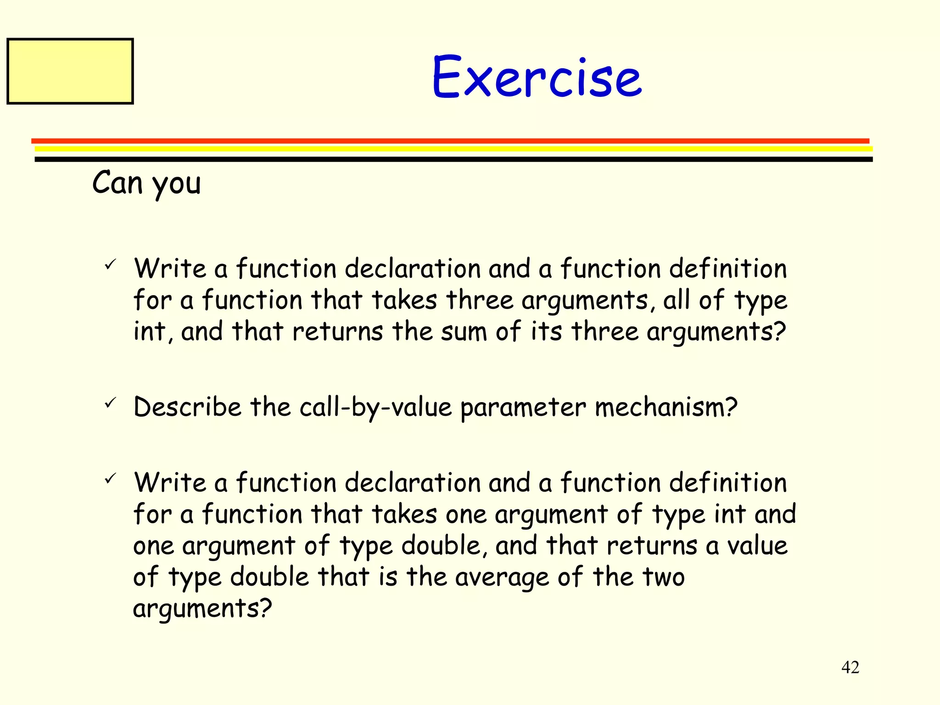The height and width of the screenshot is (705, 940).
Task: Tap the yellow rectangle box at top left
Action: pyautogui.click(x=70, y=71)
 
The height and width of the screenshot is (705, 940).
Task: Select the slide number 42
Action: pyautogui.click(x=850, y=667)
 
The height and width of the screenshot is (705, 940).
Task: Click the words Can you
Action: pyautogui.click(x=146, y=183)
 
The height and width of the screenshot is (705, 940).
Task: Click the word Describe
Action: pyautogui.click(x=187, y=407)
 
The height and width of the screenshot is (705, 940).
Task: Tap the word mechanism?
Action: pyautogui.click(x=666, y=407)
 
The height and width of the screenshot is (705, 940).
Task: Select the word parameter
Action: pyautogui.click(x=523, y=407)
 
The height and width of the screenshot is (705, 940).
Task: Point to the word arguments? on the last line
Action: pyautogui.click(x=202, y=609)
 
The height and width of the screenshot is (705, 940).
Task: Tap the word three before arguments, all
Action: pyautogui.click(x=480, y=300)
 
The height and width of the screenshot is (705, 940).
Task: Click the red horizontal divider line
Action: pyautogui.click(x=450, y=141)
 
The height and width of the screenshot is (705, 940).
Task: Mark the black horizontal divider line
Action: pyautogui.click(x=453, y=159)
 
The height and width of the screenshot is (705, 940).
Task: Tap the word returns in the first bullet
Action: pyautogui.click(x=337, y=331)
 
